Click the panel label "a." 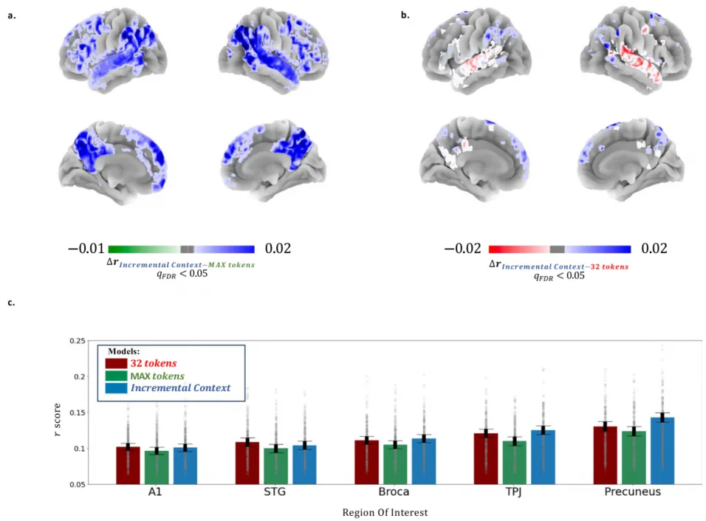[11, 15]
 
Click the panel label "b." [403, 15]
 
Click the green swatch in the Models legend [116, 376]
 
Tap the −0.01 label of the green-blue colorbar [86, 249]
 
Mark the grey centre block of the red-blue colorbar [557, 249]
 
